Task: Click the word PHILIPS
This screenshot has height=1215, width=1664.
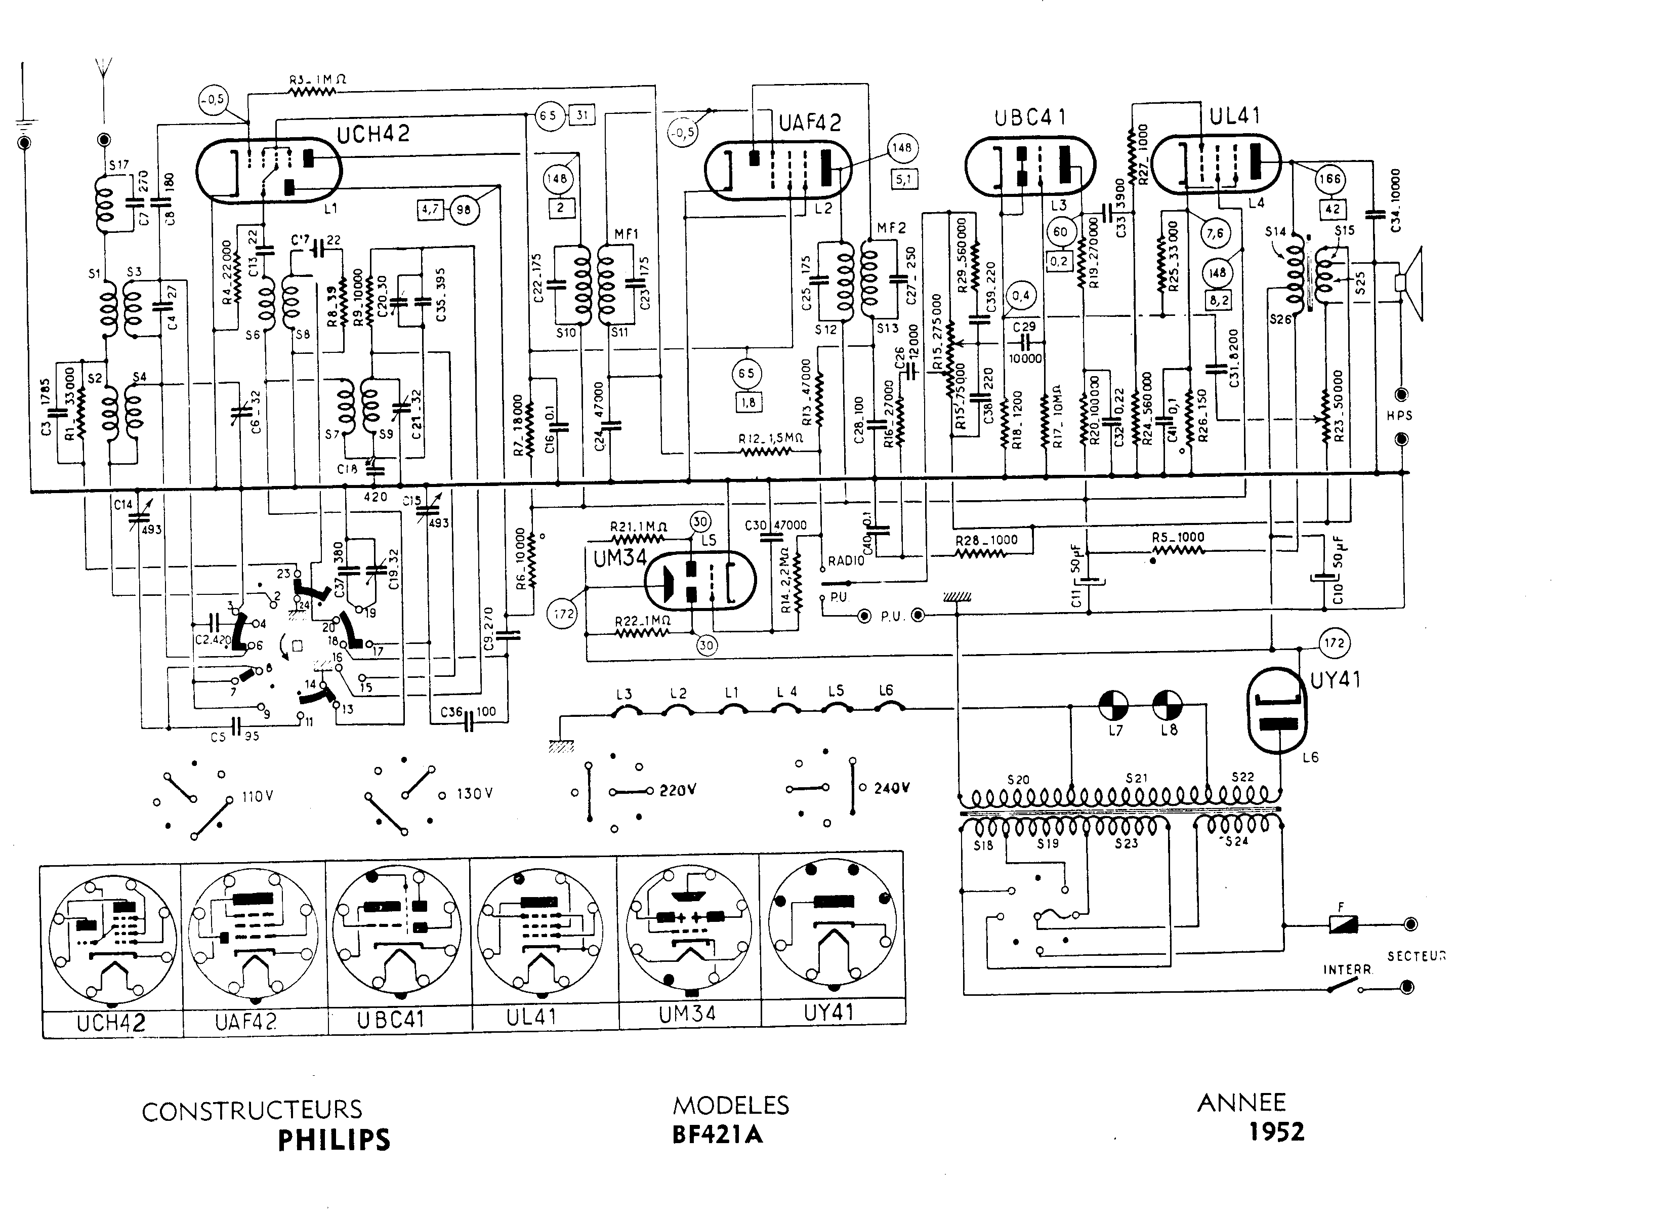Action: click(334, 1140)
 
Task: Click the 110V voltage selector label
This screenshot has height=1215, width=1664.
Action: click(258, 796)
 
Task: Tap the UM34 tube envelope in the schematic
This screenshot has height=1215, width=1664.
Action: click(700, 581)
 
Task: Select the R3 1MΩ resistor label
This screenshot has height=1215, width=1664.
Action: click(317, 79)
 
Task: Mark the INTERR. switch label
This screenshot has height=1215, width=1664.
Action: click(1347, 969)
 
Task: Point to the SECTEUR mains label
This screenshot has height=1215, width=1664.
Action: click(1416, 956)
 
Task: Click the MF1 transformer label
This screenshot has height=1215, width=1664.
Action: click(627, 234)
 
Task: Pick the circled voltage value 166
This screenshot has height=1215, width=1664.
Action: click(1329, 179)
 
